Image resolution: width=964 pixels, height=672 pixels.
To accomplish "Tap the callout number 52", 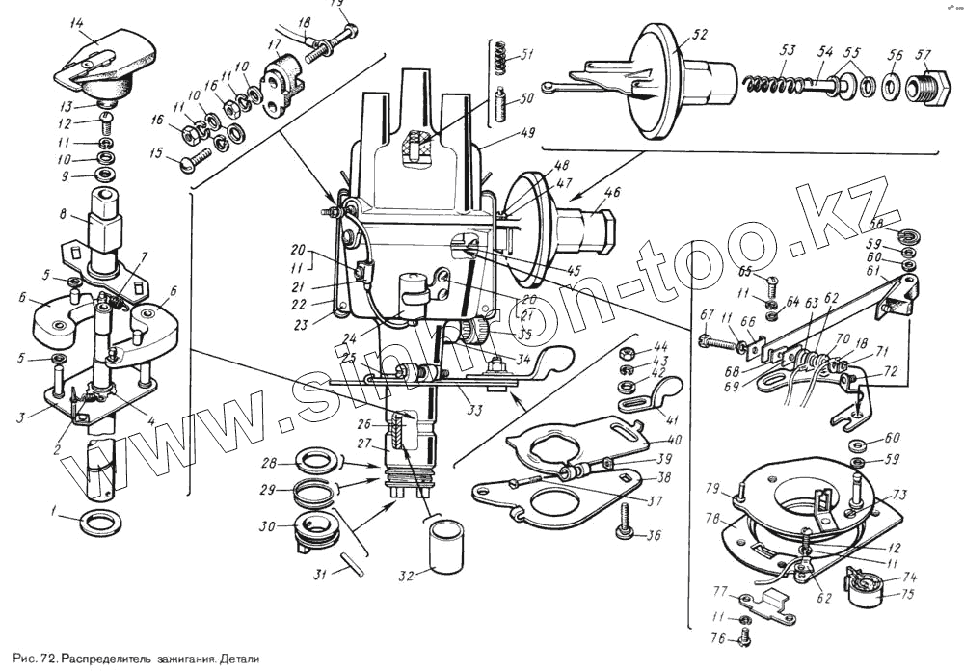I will pos(699,36).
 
